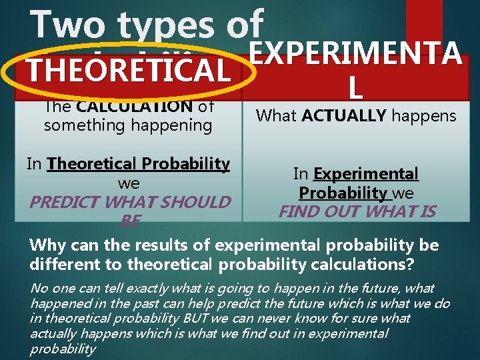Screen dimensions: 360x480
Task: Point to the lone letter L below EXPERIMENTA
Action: pos(355,85)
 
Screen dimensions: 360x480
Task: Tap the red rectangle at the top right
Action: pos(424,20)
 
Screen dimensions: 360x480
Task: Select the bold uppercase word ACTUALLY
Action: pos(342,116)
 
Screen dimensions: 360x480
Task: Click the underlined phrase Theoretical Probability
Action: pos(139,163)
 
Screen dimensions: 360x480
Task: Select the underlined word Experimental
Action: pos(366,174)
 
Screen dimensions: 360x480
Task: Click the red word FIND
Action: pos(297,212)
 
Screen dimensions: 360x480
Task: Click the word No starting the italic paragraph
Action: pos(39,288)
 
